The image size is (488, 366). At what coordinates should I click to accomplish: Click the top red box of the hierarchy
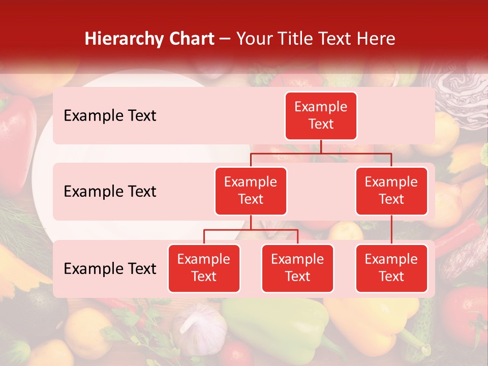(x=321, y=115)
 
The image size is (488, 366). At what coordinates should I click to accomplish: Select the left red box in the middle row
(x=251, y=191)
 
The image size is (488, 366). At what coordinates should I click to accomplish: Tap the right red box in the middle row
(x=391, y=191)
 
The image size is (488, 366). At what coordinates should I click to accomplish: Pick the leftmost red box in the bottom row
(x=204, y=268)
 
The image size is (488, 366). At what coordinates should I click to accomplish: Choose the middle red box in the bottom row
(x=297, y=268)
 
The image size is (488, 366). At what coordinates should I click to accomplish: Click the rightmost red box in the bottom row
(x=391, y=268)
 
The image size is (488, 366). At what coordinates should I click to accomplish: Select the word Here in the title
(x=375, y=39)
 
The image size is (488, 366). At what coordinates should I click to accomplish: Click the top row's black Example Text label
(x=110, y=115)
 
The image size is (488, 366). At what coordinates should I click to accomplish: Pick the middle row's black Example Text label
(x=110, y=191)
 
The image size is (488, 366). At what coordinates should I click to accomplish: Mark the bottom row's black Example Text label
(x=110, y=268)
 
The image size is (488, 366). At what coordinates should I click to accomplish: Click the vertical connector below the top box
(x=321, y=146)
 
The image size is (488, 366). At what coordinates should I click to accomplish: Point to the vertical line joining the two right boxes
(x=391, y=229)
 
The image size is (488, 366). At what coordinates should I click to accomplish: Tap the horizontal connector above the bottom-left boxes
(x=251, y=230)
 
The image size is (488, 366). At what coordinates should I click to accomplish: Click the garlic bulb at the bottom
(x=198, y=325)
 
